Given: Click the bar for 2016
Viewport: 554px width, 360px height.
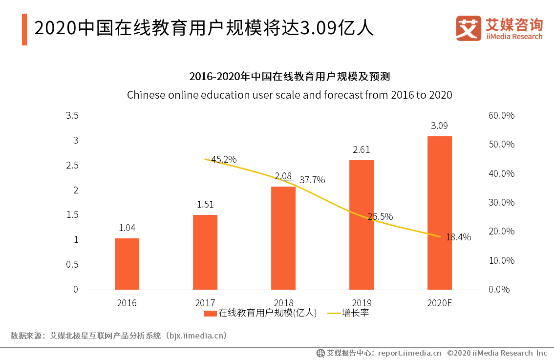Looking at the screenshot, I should tap(127, 264).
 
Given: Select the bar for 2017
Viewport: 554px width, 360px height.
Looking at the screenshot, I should tap(205, 252).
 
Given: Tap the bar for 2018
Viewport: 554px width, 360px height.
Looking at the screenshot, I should tap(283, 238).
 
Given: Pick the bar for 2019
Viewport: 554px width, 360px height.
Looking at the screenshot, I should tap(362, 225).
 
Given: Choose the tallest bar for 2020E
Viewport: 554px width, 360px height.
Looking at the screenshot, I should tap(439, 213).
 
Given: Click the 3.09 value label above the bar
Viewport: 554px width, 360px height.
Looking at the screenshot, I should tap(439, 126).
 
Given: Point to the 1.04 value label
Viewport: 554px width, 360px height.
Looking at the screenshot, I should tap(127, 228).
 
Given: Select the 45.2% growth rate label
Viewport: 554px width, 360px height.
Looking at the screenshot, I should tap(224, 159).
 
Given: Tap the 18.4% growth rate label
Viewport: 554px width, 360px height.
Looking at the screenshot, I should tap(458, 237).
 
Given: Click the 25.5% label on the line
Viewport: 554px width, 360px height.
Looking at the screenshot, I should tap(380, 216).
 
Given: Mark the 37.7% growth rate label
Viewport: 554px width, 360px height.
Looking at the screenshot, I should tap(312, 180).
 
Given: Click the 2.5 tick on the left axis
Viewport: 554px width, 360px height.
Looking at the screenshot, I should tap(72, 166).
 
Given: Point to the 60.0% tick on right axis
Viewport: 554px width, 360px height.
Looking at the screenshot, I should tap(501, 116).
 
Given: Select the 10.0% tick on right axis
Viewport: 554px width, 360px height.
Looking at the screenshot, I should tap(501, 260).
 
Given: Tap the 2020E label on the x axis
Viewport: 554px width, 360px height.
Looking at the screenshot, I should tap(439, 303).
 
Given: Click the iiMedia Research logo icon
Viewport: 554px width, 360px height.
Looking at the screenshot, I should tap(469, 28).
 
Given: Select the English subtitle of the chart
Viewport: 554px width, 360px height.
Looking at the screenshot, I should tap(289, 95).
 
